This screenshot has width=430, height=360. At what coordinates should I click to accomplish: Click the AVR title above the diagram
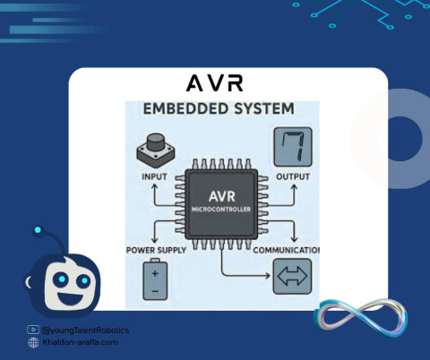point(215,83)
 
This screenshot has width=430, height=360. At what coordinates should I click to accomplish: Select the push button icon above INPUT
point(156,151)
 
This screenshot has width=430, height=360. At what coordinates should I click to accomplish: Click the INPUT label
point(154,176)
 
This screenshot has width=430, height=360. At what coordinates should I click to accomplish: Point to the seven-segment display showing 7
point(293,147)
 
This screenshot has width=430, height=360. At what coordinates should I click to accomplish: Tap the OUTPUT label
point(293,176)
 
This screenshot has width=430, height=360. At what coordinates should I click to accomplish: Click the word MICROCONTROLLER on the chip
point(221,210)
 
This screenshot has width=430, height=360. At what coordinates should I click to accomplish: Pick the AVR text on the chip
point(222,196)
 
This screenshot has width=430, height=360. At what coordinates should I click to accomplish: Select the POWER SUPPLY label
point(156,250)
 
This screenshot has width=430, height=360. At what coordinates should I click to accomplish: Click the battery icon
point(155,279)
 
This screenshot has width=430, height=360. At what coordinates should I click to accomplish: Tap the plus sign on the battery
point(155,273)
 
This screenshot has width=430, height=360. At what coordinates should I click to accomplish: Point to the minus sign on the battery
point(155,291)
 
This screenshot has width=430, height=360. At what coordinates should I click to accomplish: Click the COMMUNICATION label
point(286,250)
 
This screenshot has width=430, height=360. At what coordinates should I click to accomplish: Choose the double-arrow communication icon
point(293,277)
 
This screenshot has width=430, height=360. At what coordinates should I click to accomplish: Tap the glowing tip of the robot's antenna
point(38,230)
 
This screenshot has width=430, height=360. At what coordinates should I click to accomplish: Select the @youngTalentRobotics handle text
point(85,330)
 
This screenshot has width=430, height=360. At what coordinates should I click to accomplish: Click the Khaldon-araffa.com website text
point(80,342)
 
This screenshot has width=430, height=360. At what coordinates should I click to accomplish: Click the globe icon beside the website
point(33,342)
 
